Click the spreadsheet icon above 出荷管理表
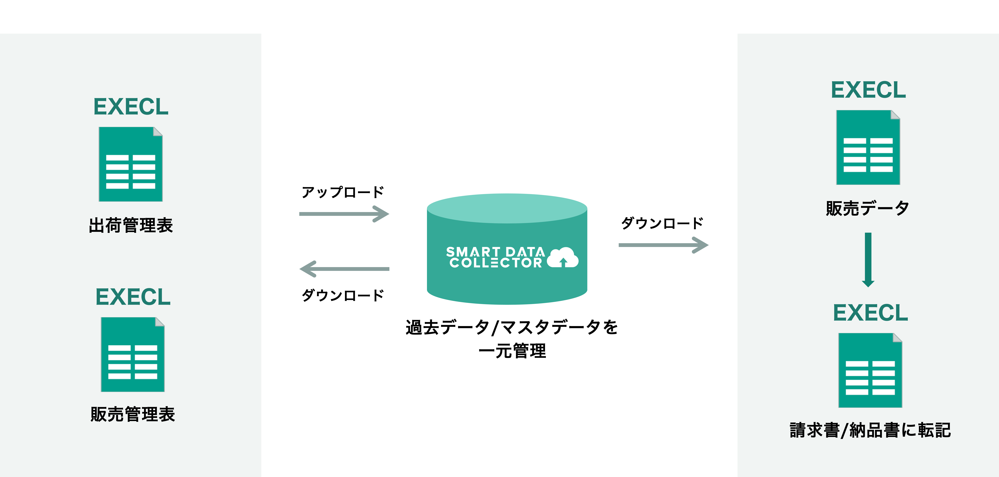tap(131, 164)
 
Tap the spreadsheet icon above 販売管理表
tap(133, 354)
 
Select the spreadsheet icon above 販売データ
tap(868, 147)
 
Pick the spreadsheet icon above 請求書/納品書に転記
tap(870, 370)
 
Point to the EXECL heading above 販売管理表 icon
tap(133, 297)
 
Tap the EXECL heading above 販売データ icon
tap(868, 90)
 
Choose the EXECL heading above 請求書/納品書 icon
tap(871, 313)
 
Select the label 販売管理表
tap(133, 414)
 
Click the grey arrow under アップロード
tap(344, 214)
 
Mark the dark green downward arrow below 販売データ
tap(868, 260)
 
